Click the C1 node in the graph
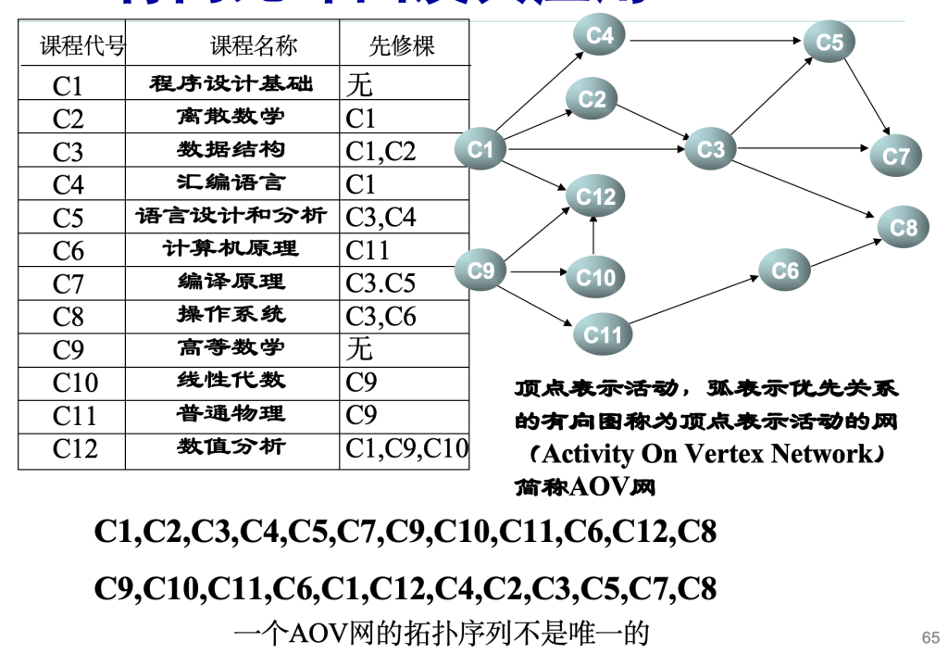[480, 149]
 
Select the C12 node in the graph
[594, 195]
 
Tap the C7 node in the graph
[895, 156]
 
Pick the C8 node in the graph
[903, 227]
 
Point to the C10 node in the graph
[594, 277]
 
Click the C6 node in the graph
[784, 270]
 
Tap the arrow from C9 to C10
[536, 272]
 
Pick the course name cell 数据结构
[231, 150]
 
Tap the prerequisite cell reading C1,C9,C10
[405, 449]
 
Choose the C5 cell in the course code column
[69, 218]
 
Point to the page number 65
[929, 636]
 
